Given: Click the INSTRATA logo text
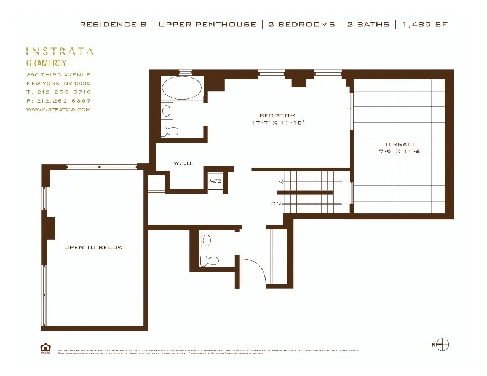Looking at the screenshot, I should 60,52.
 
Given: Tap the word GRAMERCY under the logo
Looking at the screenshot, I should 46,63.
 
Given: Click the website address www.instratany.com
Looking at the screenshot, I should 58,109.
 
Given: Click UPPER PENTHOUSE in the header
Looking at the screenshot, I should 207,25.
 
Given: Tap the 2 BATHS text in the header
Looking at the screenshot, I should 368,25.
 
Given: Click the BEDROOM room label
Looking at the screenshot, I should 277,116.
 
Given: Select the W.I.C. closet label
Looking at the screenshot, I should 183,163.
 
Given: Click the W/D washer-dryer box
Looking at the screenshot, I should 215,181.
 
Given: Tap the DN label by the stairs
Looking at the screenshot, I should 275,203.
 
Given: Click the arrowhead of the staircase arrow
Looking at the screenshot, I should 281,182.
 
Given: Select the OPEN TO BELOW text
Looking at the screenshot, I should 93,248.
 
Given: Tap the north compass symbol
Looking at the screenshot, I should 441,345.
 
